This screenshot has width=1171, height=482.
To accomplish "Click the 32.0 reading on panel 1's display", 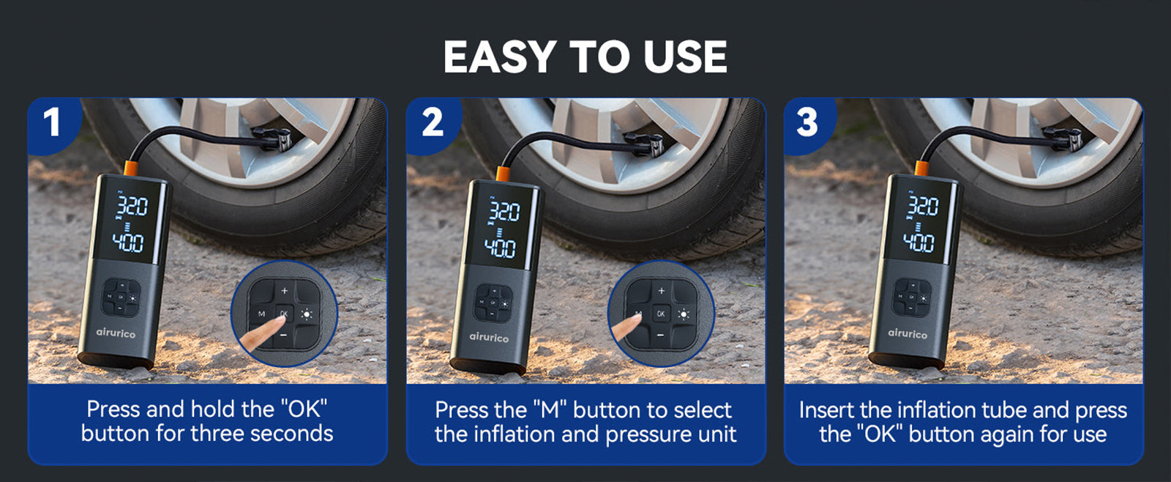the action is click(x=132, y=207).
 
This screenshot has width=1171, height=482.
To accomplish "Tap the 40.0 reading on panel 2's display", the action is click(x=501, y=248).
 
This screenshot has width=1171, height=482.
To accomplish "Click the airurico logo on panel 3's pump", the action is click(x=908, y=333).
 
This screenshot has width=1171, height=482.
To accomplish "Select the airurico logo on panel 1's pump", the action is click(x=116, y=333).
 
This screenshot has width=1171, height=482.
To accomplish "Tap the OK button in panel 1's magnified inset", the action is click(x=284, y=314).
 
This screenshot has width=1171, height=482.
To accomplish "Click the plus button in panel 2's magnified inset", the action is click(x=662, y=291).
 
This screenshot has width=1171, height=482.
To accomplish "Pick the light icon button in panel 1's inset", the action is click(x=307, y=314).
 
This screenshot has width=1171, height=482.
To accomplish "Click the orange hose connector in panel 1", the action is click(x=131, y=168).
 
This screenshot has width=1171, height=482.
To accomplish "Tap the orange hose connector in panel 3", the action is click(x=922, y=168).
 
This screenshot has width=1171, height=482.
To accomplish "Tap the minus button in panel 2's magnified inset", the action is click(x=661, y=335).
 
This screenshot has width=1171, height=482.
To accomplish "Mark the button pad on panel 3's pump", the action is click(x=912, y=297).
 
